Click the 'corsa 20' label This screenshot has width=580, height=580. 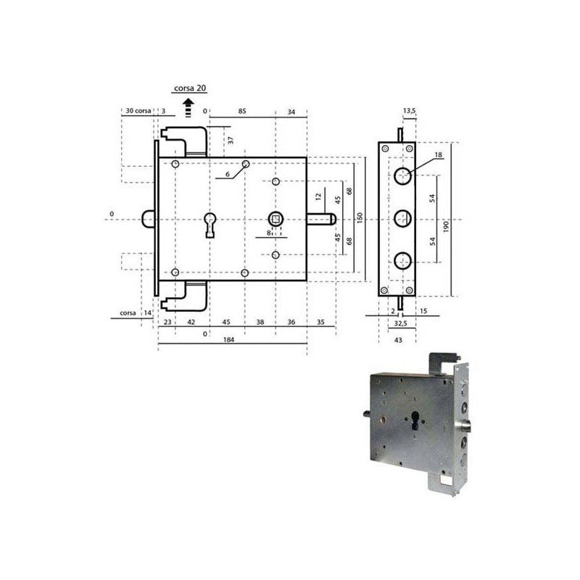coord(190,88)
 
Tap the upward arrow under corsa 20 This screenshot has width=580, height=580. coord(188,108)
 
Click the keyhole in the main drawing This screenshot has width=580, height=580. coord(210,225)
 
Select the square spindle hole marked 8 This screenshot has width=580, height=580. coord(275,220)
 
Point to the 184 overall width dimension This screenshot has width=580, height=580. coord(229,339)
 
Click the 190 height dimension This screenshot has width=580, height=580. coord(446,226)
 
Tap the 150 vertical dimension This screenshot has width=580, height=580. coord(360,218)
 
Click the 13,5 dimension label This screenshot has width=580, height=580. coord(410,111)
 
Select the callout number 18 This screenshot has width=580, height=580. coord(439,155)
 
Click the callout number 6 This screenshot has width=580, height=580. coord(228,174)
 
